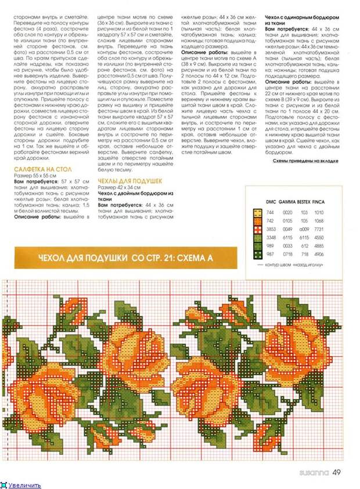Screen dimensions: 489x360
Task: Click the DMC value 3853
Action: [x=271, y=229]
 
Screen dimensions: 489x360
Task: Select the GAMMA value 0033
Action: [x=287, y=246]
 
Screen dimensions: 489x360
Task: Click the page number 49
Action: [x=336, y=472]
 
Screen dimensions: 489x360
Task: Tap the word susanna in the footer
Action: [x=313, y=472]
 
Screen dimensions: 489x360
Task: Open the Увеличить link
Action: [x=24, y=485]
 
